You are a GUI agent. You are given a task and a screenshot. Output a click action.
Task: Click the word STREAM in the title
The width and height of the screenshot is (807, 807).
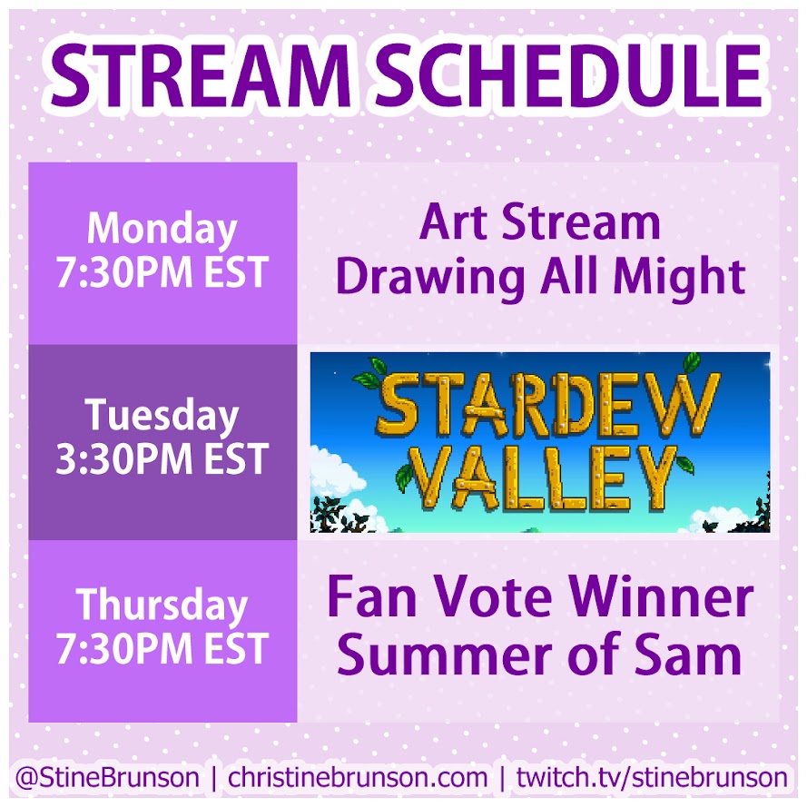pos(202,75)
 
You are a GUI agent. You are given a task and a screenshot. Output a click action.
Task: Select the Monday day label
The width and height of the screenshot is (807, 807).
pos(162,230)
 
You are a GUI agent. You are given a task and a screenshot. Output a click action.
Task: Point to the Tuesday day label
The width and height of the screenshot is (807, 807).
pos(162,416)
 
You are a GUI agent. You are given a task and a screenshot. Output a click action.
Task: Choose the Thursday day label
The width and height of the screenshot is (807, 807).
pos(162,605)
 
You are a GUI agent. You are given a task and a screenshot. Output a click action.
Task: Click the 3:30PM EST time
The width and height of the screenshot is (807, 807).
pos(162,459)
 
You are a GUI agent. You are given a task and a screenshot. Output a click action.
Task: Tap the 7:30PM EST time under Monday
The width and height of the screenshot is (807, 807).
pos(162,272)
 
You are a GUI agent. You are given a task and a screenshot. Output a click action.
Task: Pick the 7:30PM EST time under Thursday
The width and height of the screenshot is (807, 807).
pos(162,648)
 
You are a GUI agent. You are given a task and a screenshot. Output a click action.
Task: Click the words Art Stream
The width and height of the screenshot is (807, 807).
pos(539,222)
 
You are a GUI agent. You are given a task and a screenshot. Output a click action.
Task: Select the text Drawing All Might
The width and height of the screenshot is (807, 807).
pos(540,277)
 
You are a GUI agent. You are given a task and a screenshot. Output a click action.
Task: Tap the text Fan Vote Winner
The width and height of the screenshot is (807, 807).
pos(540,598)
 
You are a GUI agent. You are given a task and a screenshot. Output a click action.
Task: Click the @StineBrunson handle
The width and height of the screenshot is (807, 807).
pos(107,777)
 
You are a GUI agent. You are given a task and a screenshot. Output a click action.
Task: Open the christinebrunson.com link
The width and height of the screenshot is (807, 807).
pos(358,777)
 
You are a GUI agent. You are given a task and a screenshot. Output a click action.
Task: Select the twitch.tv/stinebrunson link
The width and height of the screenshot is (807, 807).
pos(652,777)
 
